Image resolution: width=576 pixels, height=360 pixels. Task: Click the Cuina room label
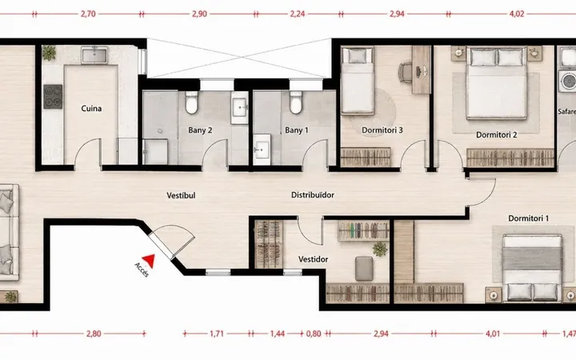(91, 108)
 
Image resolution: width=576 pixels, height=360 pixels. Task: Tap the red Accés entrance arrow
(149, 261)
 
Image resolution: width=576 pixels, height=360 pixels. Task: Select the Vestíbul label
(181, 195)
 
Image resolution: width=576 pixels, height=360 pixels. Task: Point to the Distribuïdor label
(313, 195)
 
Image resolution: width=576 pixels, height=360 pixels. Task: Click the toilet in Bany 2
(191, 102)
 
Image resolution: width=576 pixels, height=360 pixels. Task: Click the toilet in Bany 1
(296, 102)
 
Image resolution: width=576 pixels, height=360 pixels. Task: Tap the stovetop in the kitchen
(53, 97)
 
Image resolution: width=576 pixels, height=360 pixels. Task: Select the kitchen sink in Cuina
(94, 55)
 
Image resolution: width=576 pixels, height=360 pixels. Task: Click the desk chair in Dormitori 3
(406, 71)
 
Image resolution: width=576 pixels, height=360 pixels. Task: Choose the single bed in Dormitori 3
(358, 80)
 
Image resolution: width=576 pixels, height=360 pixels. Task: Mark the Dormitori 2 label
(496, 135)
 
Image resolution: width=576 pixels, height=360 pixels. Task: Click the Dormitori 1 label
(528, 218)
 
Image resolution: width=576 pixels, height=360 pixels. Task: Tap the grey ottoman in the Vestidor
(364, 269)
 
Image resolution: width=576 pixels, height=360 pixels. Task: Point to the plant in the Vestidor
(380, 249)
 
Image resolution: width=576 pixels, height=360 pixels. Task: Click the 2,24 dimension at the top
(297, 14)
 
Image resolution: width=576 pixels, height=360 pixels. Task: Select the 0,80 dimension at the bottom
(314, 334)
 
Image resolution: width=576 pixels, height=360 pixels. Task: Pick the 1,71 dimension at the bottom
(217, 334)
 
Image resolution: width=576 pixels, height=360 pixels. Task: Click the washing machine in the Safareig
(567, 81)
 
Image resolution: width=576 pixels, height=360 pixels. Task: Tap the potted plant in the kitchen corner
(49, 54)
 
